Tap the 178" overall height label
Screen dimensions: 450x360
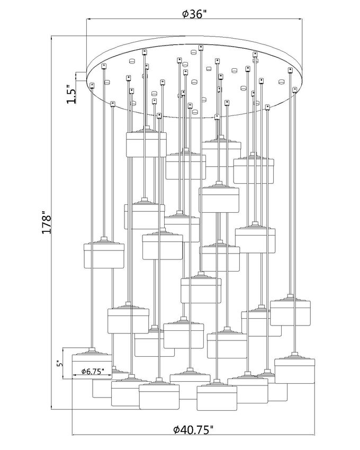pos(47,224)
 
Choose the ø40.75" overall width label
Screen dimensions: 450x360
pos(194,429)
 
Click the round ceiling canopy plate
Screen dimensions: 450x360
pos(194,79)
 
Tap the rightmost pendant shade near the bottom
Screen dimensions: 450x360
pos(295,370)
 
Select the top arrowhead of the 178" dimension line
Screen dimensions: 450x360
pos(52,38)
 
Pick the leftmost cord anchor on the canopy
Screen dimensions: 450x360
pos(92,85)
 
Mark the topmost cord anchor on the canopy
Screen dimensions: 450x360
pos(201,47)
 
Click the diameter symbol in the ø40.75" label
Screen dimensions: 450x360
pos(177,430)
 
